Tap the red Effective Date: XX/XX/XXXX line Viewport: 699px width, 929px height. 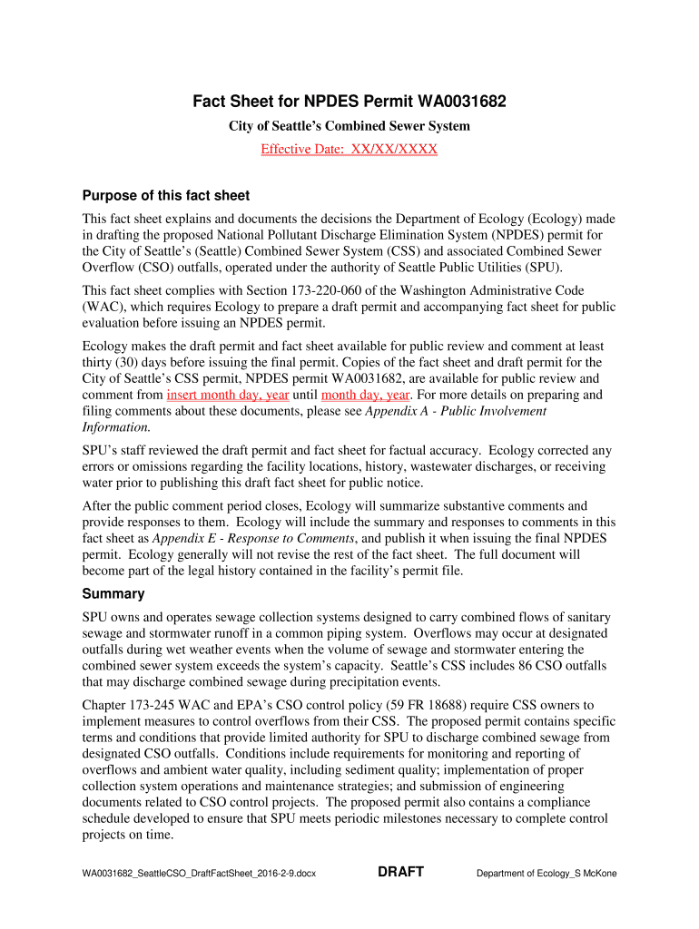349,149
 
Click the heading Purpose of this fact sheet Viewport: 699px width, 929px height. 166,196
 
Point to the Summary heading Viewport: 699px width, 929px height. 113,593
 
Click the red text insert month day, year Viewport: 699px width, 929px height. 228,395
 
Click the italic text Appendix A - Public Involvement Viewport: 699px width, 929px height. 456,411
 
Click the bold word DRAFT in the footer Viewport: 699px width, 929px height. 400,872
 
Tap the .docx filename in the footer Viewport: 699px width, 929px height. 199,874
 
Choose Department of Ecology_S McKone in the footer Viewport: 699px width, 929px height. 546,874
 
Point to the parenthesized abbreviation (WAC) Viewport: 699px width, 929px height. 103,307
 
